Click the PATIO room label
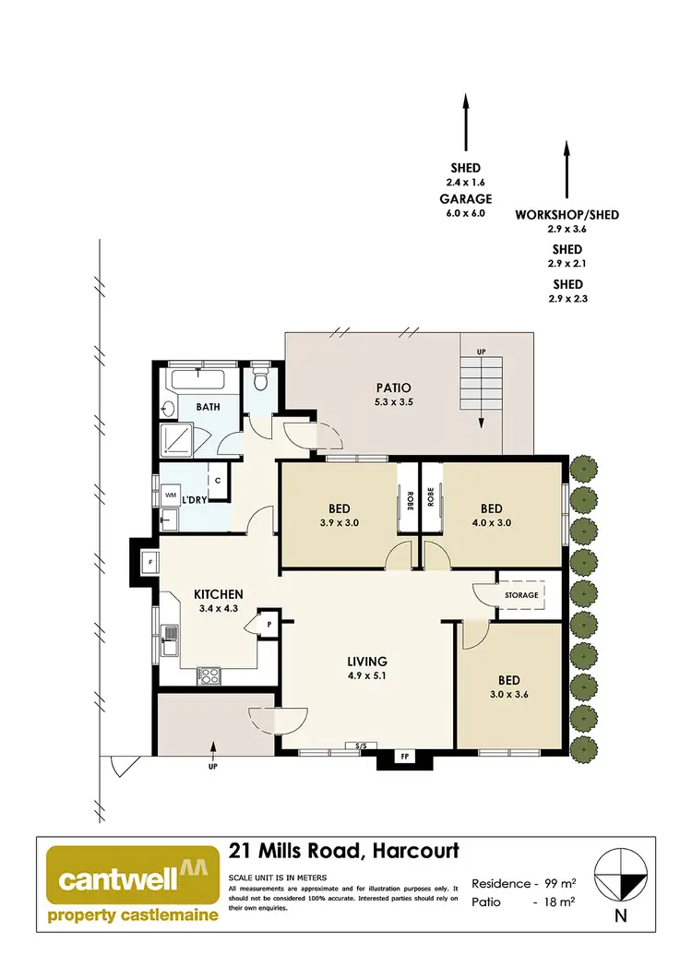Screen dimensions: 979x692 tap(393, 388)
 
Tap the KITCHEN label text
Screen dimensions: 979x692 tap(218, 594)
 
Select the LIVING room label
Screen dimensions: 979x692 tap(366, 661)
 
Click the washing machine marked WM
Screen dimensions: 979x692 tap(171, 495)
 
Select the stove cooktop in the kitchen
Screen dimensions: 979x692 tap(209, 675)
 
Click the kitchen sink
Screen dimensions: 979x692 tap(170, 639)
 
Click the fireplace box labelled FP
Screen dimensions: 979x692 tap(403, 756)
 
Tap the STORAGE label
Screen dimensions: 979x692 tap(521, 595)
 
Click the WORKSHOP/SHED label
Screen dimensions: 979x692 tap(567, 214)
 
